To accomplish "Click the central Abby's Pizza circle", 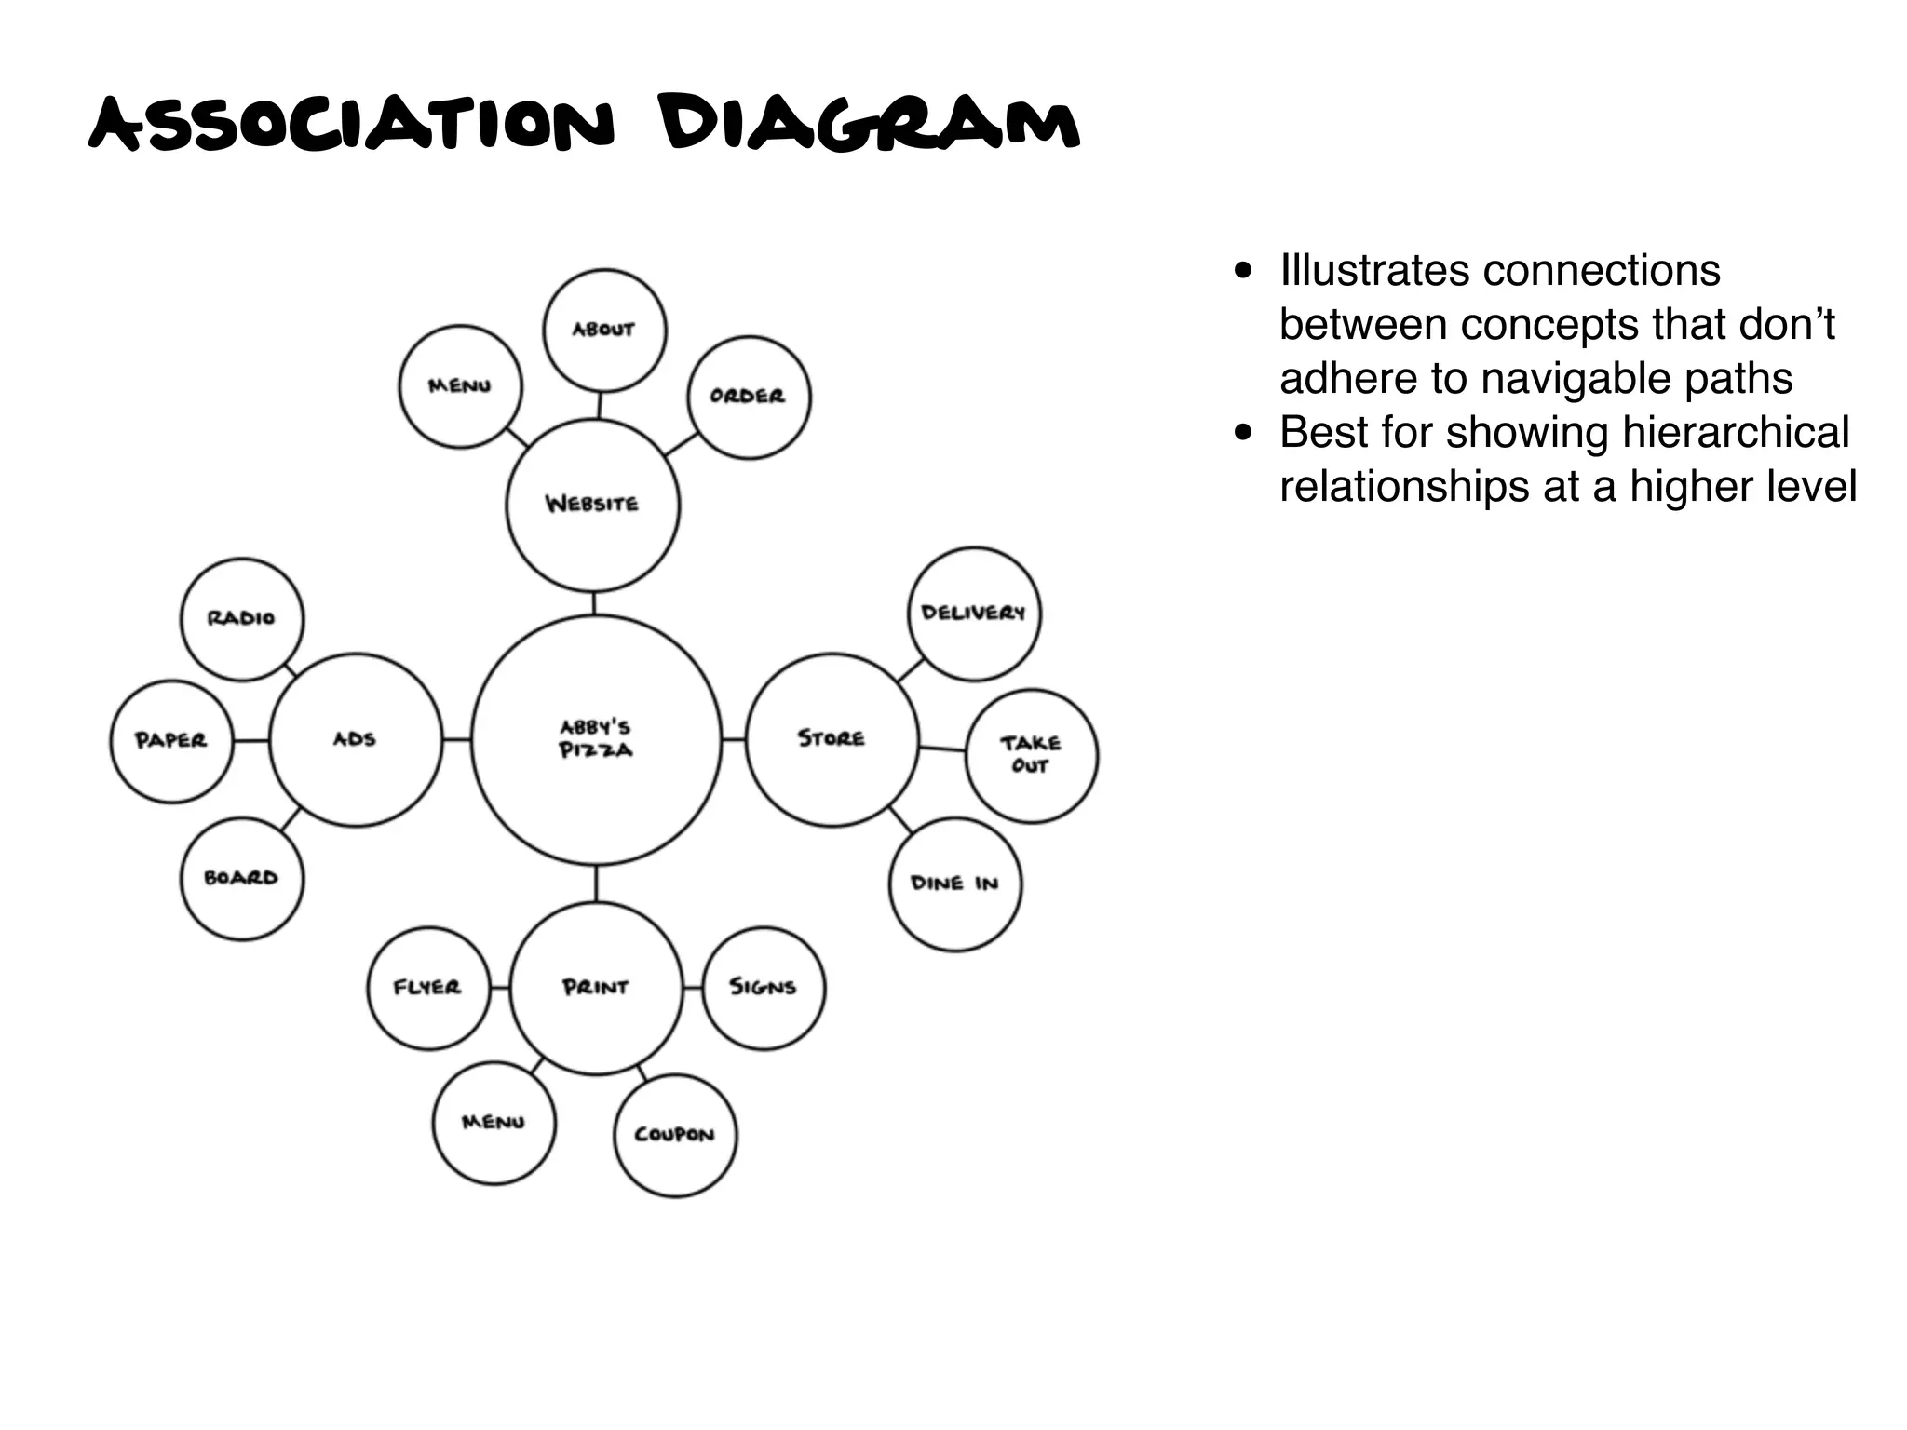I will coord(596,740).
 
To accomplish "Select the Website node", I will coord(593,505).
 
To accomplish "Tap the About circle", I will coord(604,330).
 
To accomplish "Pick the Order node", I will coord(749,397).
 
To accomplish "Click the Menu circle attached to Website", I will coord(460,386).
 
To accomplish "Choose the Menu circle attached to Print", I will coord(494,1124).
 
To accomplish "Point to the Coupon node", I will coord(675,1135).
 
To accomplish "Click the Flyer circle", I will coord(427,988).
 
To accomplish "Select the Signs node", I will coord(764,988).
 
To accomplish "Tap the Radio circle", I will coord(241,619).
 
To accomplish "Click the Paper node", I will coord(171,741).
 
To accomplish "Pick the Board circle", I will coord(241,879).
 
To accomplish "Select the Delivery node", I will coord(974,614).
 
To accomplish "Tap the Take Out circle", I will coord(1032,755).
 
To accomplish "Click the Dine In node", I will coord(955,884).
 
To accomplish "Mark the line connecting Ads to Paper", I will coord(250,741).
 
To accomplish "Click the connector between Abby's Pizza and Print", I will coord(596,884).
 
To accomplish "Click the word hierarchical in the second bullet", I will coord(1736,433).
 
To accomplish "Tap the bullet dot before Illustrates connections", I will coord(1242,272).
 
